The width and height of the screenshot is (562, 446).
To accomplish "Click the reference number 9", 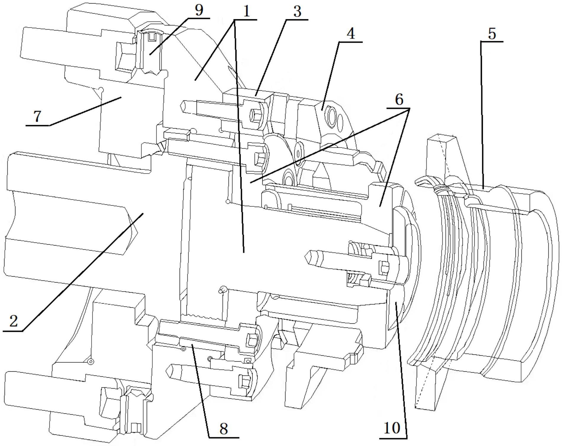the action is pos(199,10).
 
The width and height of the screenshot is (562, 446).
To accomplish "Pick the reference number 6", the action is pos(399,100).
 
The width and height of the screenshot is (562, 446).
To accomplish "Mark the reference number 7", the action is pos(37,117).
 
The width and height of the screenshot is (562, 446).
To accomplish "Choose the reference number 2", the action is pos(14,321).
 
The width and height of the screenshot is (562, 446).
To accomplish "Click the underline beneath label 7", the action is pos(37,126).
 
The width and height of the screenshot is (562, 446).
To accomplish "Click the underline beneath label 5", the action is pos(492,42).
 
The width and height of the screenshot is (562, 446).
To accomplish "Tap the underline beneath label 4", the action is pos(351,42).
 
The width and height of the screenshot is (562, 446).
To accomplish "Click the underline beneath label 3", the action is pos(297,20).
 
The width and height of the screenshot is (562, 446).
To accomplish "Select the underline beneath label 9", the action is pos(199,18).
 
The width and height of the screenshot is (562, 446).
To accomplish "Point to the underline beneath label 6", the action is pos(399,108).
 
